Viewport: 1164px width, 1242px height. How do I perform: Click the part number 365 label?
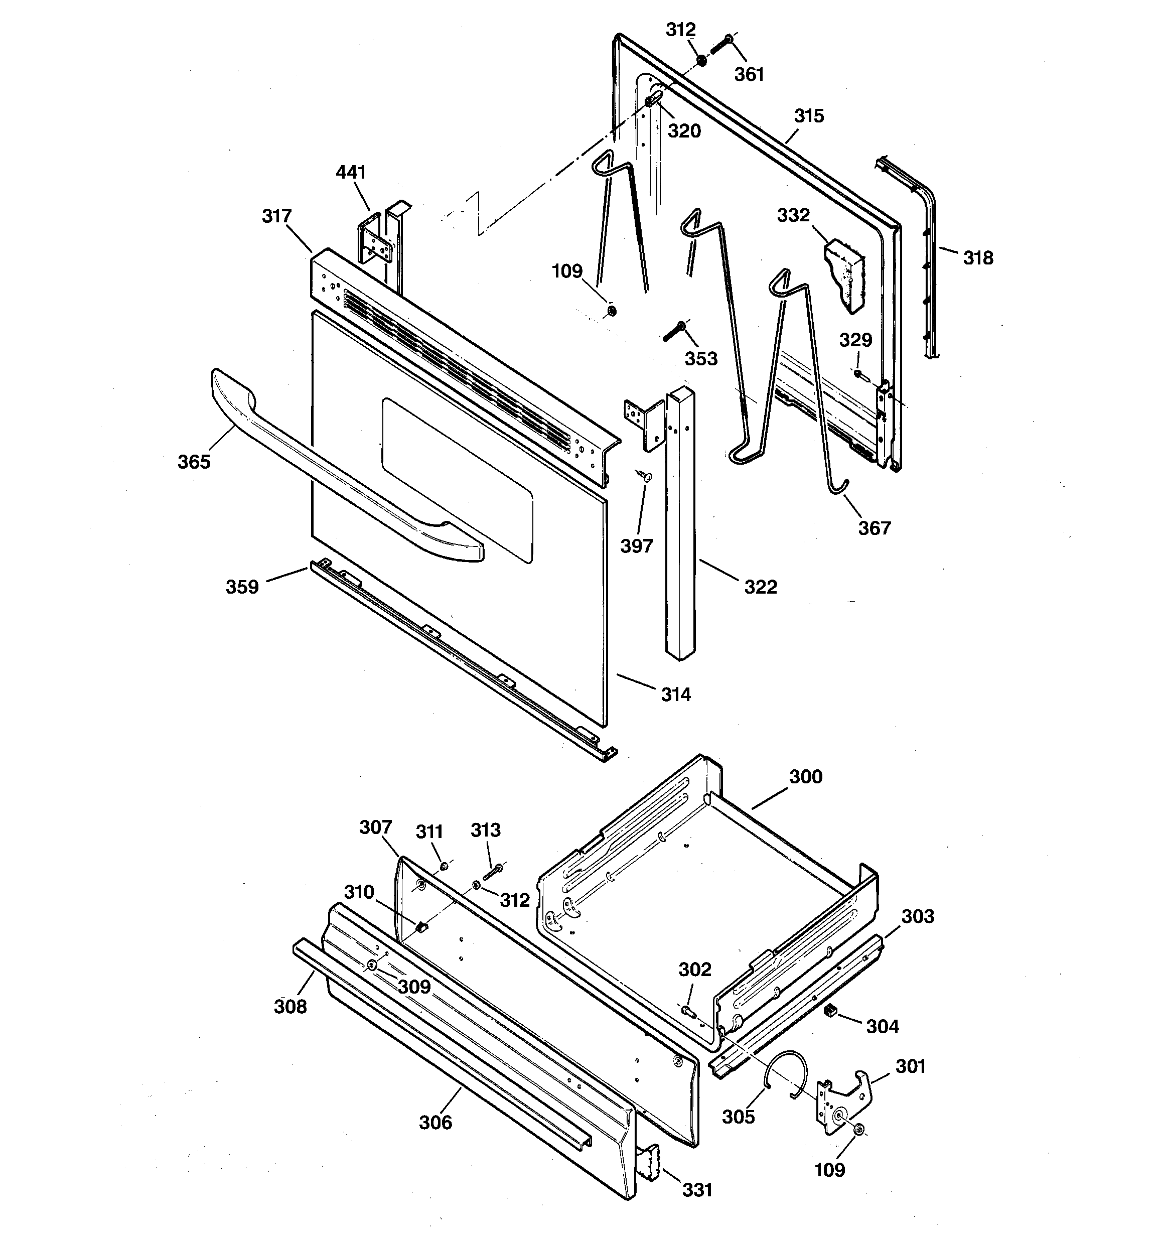tap(194, 462)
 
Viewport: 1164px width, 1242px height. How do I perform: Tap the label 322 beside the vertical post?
tap(761, 587)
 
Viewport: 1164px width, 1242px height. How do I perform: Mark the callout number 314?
tap(675, 694)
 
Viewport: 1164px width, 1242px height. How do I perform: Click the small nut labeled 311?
tap(443, 866)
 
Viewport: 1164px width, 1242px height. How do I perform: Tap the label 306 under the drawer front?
tap(435, 1122)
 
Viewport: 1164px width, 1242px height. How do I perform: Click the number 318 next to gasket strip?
tap(977, 257)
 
